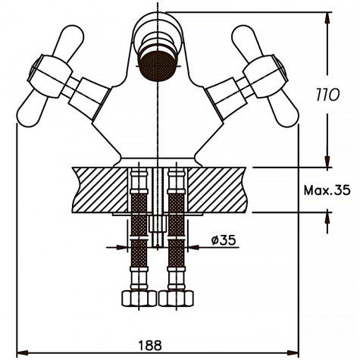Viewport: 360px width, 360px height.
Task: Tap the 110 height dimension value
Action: pos(327,96)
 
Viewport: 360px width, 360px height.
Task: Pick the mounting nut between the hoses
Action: pos(157,224)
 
